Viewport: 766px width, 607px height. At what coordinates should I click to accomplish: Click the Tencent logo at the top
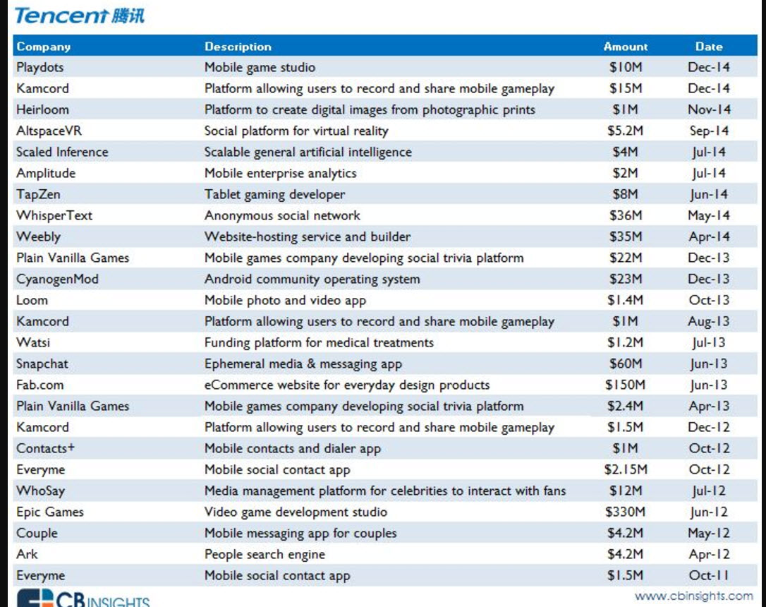(x=80, y=16)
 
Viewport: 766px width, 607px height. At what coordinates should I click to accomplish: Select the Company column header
(x=44, y=47)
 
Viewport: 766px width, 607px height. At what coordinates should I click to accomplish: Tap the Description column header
(x=238, y=47)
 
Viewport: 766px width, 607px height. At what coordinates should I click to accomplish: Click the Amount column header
(x=626, y=47)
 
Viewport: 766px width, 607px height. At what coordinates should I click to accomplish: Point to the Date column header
(x=709, y=47)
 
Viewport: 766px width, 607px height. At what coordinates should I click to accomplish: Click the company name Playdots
(x=40, y=68)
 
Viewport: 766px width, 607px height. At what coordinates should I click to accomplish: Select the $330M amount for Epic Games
(x=626, y=512)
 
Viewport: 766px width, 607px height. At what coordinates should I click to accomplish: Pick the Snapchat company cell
(x=42, y=364)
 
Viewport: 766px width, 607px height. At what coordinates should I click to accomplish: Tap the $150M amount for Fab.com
(x=626, y=385)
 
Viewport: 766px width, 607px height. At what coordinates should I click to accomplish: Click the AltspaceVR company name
(x=49, y=131)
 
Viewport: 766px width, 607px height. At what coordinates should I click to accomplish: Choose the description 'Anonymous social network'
(x=282, y=215)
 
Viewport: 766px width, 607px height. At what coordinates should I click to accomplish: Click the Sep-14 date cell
(x=709, y=131)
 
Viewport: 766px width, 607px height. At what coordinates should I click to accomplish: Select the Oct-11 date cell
(x=709, y=575)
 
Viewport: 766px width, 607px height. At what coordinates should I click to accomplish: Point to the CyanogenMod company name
(x=58, y=279)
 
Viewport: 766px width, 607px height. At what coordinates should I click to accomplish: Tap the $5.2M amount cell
(x=626, y=131)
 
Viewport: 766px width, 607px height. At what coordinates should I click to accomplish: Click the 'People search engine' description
(x=265, y=554)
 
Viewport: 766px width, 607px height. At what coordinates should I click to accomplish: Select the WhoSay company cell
(x=40, y=491)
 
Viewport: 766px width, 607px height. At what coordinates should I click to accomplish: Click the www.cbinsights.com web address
(x=693, y=596)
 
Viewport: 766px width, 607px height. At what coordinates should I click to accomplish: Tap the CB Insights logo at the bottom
(x=83, y=599)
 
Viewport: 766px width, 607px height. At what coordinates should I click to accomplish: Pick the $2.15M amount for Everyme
(x=626, y=469)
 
